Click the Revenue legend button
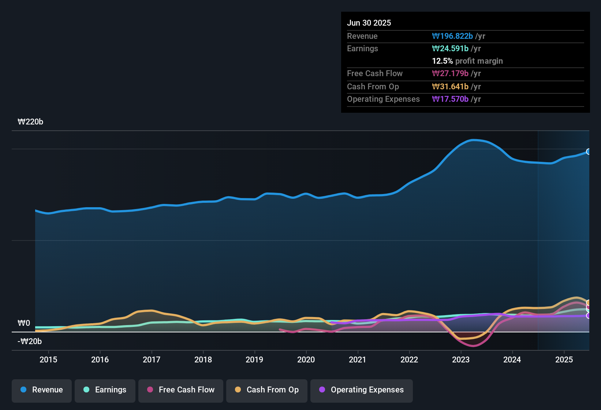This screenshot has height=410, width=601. (x=42, y=390)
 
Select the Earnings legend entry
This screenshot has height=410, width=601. (x=105, y=390)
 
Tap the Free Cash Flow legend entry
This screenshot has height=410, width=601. (x=181, y=390)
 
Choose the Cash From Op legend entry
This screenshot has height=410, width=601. (x=267, y=390)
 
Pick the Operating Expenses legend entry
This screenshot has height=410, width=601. (x=362, y=390)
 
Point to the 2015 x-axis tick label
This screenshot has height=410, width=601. (x=48, y=360)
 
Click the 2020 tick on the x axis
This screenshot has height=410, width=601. (x=306, y=360)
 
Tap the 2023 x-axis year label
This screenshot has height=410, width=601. (x=461, y=360)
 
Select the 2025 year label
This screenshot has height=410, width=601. (x=564, y=360)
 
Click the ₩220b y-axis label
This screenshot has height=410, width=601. (x=30, y=122)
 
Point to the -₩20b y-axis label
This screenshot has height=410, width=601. (x=30, y=342)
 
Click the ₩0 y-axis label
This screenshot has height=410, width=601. (x=24, y=323)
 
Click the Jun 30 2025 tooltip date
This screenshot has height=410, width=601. (x=369, y=23)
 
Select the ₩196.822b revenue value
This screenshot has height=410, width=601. (x=452, y=36)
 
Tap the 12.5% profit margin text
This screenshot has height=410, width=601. (x=467, y=61)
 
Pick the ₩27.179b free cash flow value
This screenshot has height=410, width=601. (x=450, y=74)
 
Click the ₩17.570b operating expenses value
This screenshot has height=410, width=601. (x=450, y=99)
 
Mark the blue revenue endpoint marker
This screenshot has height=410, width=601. (x=589, y=152)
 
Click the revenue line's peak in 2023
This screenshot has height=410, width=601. (x=473, y=140)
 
